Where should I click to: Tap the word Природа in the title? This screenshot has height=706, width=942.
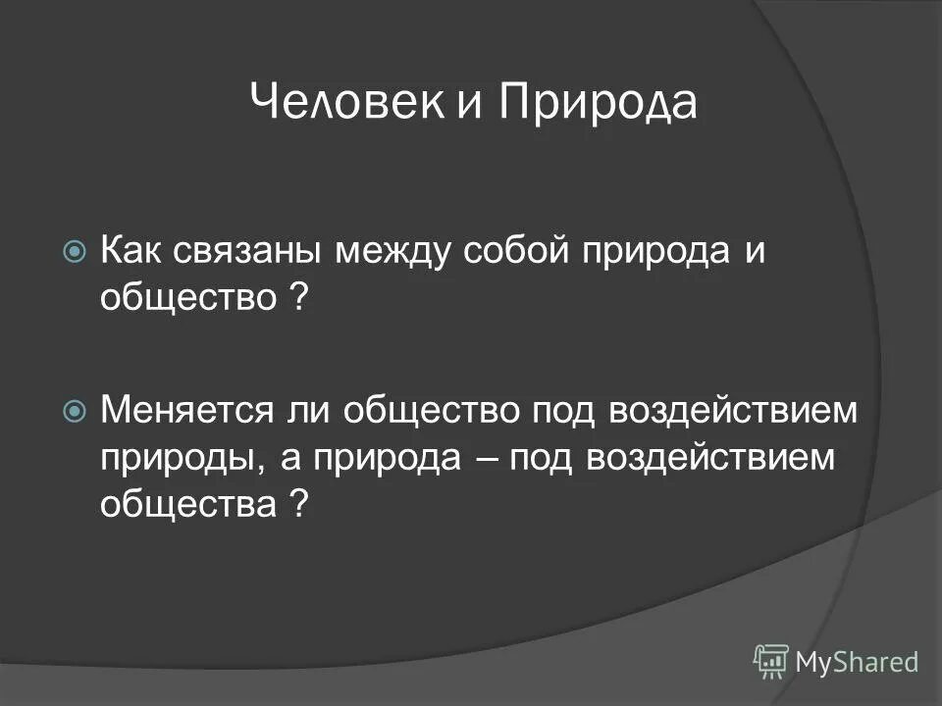(598, 103)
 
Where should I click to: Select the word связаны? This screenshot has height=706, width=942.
(249, 253)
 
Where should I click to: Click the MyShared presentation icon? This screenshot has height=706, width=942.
(771, 662)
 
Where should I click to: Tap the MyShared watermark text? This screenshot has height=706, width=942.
(857, 663)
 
